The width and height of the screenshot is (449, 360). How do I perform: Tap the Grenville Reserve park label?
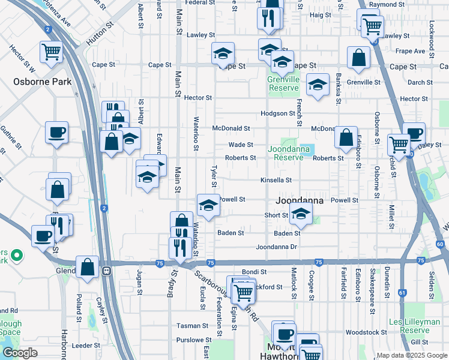[x=283, y=83]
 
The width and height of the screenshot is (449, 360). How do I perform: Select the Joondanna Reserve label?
[x=289, y=152]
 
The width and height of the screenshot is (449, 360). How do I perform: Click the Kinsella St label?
[x=276, y=180]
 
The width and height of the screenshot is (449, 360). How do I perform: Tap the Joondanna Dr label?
[x=276, y=247]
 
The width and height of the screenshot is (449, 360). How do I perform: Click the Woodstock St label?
[x=367, y=332]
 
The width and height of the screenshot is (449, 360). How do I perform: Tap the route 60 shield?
[x=440, y=244]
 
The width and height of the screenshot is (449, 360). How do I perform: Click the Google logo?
[x=20, y=353]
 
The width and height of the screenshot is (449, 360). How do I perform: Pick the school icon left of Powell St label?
[x=208, y=205]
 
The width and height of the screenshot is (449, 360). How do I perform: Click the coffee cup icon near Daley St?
[x=414, y=133]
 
